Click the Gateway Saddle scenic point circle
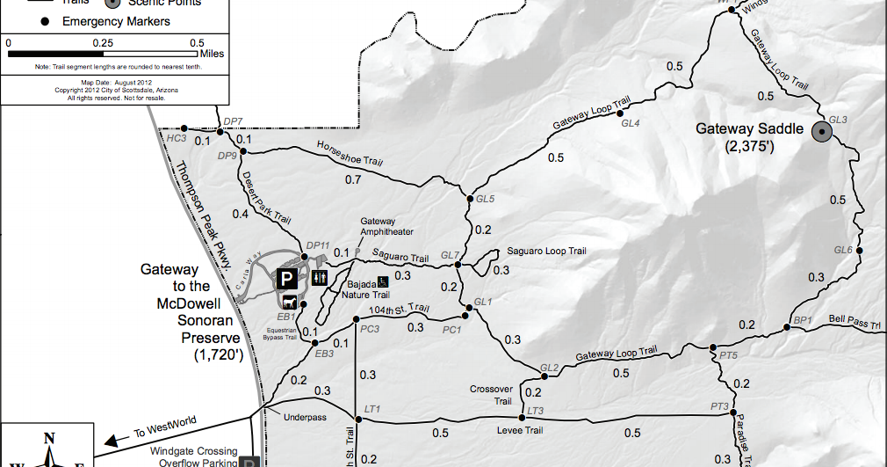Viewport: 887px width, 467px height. tap(823, 133)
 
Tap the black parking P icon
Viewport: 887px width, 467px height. tap(286, 280)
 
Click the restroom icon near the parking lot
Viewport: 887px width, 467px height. tap(320, 278)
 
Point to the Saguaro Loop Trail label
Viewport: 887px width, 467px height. tap(545, 251)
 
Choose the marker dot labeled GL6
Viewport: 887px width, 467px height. tap(859, 252)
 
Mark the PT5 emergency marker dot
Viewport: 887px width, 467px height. tap(713, 347)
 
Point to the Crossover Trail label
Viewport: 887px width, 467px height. tap(490, 395)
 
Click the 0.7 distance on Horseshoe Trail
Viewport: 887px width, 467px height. tap(354, 180)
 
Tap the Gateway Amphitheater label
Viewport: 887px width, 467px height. tap(379, 227)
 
